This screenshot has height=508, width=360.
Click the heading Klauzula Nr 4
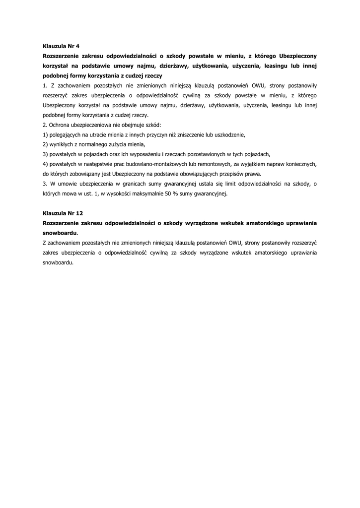62,46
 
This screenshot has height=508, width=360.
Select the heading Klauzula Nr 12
63,213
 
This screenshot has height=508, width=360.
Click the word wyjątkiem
269,164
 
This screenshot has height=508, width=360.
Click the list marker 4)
46,164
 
